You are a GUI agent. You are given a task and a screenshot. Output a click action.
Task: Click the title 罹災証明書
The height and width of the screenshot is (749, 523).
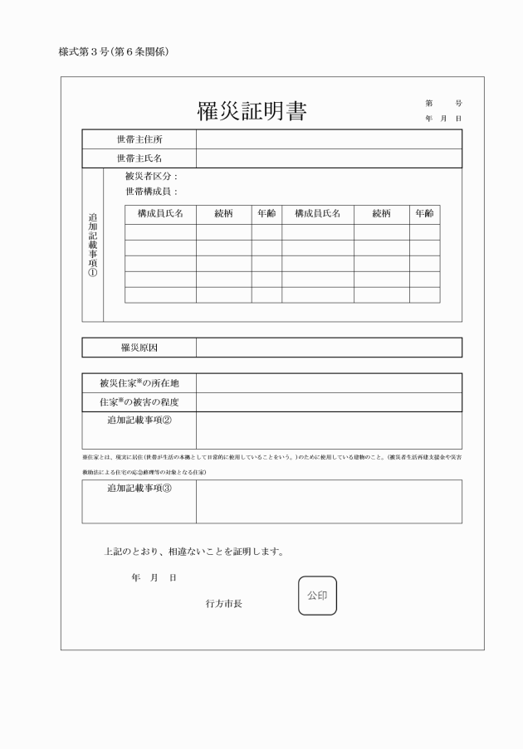(251, 112)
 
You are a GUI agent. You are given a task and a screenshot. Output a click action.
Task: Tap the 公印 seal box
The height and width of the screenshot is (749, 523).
(317, 596)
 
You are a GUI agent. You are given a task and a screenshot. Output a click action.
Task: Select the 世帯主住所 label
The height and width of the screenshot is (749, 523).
(139, 139)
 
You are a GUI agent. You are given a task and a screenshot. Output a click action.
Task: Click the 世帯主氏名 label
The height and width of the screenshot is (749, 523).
(139, 158)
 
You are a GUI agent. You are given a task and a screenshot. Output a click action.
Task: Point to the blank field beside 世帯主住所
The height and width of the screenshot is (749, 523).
(329, 139)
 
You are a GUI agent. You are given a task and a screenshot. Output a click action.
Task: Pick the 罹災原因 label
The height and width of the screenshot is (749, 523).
(139, 347)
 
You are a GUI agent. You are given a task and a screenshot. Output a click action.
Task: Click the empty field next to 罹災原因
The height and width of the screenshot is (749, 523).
(329, 347)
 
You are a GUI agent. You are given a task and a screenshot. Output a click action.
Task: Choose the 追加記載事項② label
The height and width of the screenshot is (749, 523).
(139, 420)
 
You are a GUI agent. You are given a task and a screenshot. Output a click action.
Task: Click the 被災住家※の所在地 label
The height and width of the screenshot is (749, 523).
(139, 383)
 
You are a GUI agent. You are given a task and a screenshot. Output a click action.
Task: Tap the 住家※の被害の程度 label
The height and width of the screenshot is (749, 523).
(139, 402)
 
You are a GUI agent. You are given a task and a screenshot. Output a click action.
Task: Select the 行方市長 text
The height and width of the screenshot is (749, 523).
(224, 604)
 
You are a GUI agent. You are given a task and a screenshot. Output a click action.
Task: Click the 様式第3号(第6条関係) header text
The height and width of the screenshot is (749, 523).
(115, 51)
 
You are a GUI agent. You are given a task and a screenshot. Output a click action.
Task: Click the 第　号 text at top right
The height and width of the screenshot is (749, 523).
(443, 103)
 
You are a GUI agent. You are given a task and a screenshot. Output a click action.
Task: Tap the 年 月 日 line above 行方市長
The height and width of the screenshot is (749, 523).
(153, 577)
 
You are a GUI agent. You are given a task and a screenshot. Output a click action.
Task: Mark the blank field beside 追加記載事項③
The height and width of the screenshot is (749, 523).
(329, 501)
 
